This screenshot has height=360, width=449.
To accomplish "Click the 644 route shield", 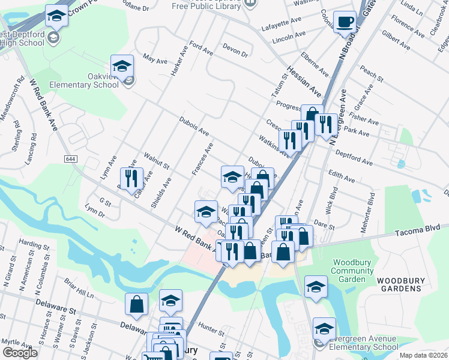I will [x=71, y=158].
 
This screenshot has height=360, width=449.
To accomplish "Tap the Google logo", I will [x=20, y=353].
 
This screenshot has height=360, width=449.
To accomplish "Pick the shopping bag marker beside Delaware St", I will [x=136, y=304].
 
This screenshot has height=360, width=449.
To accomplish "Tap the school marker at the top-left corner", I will [x=56, y=16].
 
